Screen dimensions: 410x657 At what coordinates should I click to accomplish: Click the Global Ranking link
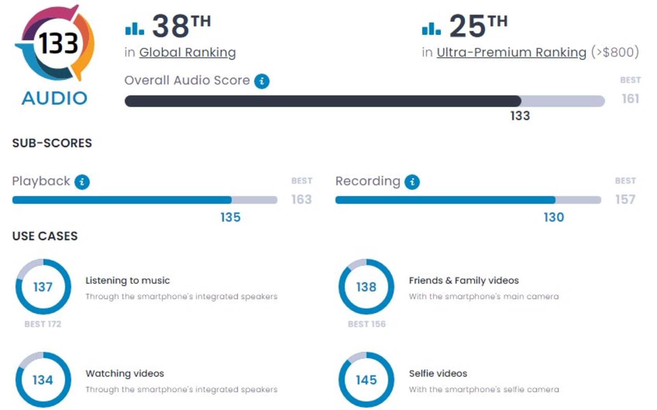click(x=187, y=52)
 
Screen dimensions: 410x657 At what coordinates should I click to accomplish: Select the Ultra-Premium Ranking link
click(x=511, y=52)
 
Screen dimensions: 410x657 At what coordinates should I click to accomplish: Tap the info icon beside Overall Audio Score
click(x=262, y=81)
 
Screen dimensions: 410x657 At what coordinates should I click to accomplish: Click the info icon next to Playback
click(x=82, y=182)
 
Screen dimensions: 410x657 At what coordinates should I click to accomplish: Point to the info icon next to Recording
click(x=412, y=182)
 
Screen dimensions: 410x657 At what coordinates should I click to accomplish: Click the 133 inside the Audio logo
click(x=58, y=43)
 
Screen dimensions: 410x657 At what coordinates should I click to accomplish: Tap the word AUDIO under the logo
click(x=54, y=99)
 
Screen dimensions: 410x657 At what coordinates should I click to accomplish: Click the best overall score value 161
click(x=630, y=99)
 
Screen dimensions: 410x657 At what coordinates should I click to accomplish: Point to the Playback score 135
click(x=230, y=217)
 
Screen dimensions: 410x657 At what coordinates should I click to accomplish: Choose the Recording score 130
click(x=554, y=217)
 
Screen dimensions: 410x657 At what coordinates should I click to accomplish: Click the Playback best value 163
click(x=301, y=199)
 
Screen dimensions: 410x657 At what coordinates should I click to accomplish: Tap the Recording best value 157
click(x=625, y=199)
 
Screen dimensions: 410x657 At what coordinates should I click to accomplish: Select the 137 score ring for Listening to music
click(x=43, y=287)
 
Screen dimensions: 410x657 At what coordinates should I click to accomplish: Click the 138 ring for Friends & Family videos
click(x=366, y=287)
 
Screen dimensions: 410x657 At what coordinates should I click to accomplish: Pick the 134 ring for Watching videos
click(x=43, y=380)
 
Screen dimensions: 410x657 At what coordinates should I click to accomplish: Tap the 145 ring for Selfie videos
click(x=366, y=380)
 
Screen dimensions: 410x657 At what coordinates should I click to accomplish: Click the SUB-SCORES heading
click(x=52, y=143)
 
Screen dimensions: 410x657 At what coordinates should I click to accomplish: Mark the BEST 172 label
click(x=43, y=324)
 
